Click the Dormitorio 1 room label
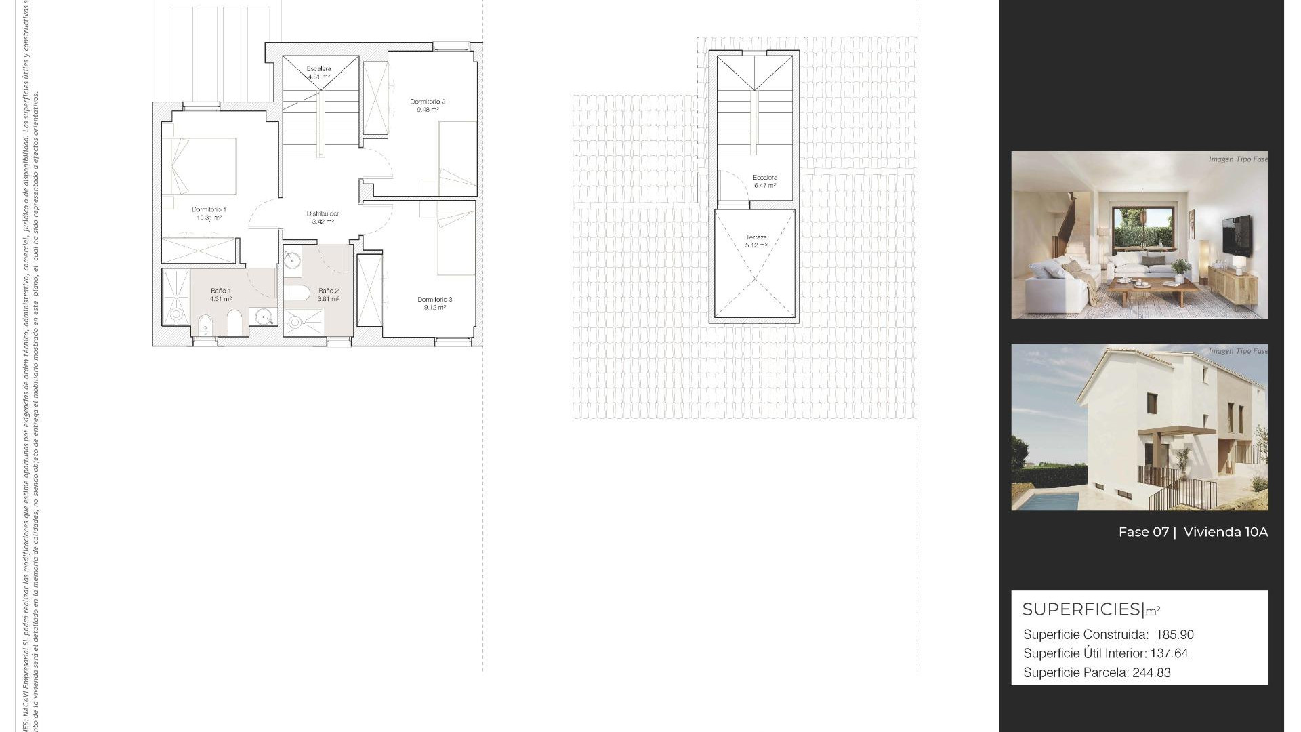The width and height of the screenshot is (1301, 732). click(x=209, y=209)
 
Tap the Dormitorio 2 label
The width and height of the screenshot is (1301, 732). click(x=428, y=102)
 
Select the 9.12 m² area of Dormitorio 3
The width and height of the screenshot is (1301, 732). click(x=434, y=308)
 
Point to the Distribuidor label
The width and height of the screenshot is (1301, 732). click(x=323, y=213)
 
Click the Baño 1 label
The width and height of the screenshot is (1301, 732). click(x=220, y=291)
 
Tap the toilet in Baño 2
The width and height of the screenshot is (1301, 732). click(x=296, y=293)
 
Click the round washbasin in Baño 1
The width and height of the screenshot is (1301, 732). click(x=264, y=316)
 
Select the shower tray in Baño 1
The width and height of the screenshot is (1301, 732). click(x=176, y=297)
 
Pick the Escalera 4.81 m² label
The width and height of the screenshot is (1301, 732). click(x=318, y=73)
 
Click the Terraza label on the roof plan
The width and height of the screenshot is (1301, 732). click(x=756, y=237)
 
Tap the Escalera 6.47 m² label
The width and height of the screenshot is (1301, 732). click(x=765, y=181)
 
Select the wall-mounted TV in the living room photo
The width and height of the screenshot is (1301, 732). click(x=1237, y=235)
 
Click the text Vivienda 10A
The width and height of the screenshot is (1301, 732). click(x=1225, y=532)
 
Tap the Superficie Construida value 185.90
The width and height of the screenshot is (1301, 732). click(x=1175, y=635)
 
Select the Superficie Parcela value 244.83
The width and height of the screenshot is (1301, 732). click(x=1151, y=673)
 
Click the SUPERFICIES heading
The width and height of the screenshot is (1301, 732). click(x=1081, y=609)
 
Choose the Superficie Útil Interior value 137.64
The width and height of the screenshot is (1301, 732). click(x=1169, y=654)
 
